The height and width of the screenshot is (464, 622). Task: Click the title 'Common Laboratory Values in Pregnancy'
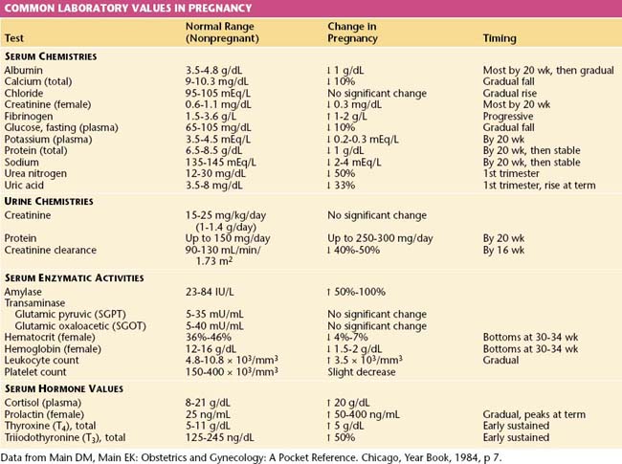(x=105, y=8)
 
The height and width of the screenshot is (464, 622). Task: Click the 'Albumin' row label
(x=23, y=71)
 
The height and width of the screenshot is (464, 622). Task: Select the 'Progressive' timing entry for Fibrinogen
(x=507, y=117)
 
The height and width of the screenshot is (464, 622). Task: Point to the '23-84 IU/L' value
(x=211, y=289)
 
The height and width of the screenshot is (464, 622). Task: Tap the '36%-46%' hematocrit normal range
(x=208, y=338)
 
